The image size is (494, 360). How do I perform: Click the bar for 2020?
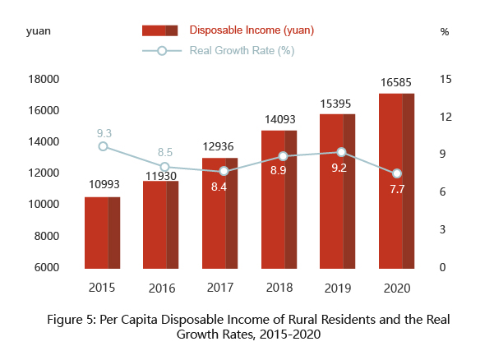(396, 181)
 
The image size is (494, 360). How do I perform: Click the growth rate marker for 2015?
(103, 146)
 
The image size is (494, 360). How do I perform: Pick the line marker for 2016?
(165, 167)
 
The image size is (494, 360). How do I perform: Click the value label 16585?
(397, 83)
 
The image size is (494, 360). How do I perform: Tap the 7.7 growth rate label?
(397, 190)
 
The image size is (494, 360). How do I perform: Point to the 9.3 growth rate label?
(104, 132)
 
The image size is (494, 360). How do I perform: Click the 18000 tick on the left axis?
(44, 79)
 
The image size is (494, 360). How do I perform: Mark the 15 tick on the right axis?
(446, 79)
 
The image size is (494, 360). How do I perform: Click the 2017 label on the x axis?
(220, 288)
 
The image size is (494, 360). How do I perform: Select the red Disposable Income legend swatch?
(160, 30)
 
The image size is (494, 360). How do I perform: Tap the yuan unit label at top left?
(38, 31)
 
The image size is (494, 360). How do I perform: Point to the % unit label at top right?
(445, 31)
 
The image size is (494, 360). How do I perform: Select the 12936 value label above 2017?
(219, 146)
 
